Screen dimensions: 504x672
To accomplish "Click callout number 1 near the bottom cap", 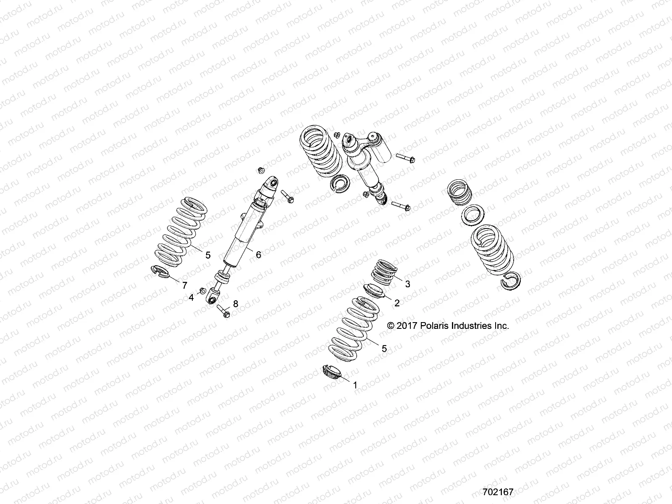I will [x=355, y=385].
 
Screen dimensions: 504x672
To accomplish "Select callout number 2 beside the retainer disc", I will [x=396, y=302].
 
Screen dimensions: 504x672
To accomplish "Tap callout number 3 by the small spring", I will [x=407, y=284].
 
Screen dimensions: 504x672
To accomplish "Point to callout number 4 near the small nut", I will [x=192, y=297].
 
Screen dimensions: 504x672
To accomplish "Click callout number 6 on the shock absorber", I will [x=258, y=255].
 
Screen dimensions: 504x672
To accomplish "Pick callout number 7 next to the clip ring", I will [x=184, y=286].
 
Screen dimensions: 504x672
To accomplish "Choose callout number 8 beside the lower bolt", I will [x=235, y=303].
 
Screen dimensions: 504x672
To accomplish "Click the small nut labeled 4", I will [x=202, y=290].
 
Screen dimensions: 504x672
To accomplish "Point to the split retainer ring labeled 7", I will [x=159, y=272].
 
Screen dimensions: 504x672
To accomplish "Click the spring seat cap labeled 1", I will [x=331, y=372].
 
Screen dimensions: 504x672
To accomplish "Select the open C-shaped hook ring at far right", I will [x=511, y=281].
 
